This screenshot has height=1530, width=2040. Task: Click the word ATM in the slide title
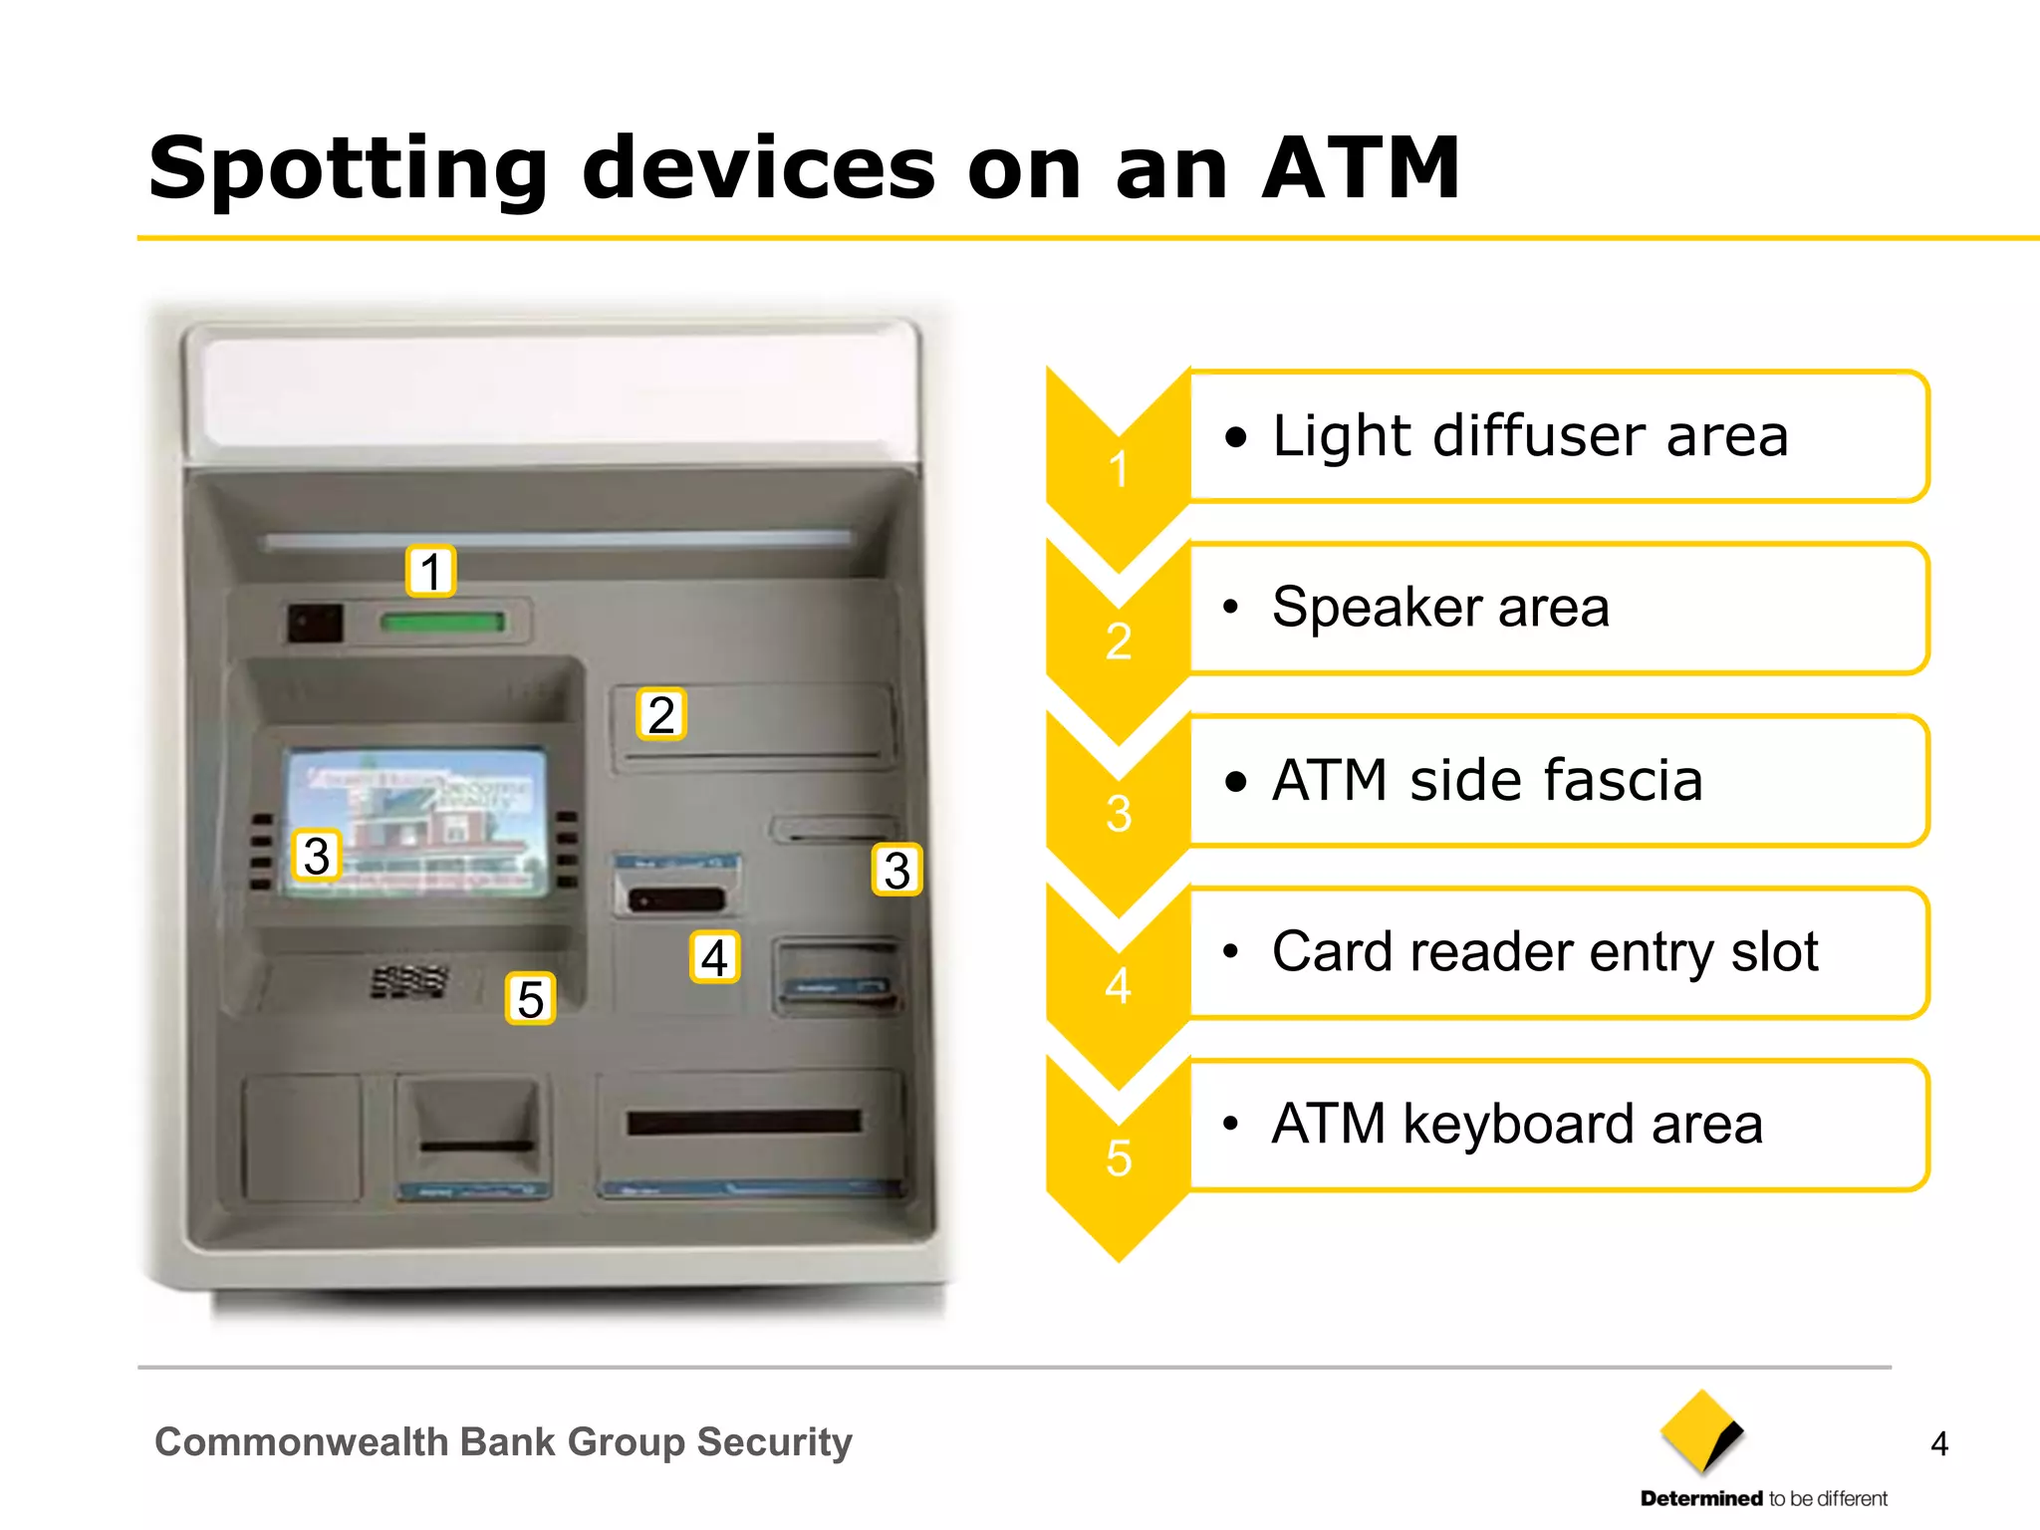pos(1361,169)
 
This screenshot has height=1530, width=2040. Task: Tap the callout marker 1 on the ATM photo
pos(430,572)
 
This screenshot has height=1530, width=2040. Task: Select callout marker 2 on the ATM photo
pos(661,715)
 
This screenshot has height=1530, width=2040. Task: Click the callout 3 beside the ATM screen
pos(317,856)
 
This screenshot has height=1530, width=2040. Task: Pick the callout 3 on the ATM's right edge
pos(896,870)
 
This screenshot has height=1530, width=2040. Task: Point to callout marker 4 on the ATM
pos(714,957)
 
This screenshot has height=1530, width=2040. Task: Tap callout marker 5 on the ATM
pos(530,999)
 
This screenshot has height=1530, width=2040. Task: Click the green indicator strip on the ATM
pos(442,623)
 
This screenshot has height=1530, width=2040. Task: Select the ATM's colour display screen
pos(416,823)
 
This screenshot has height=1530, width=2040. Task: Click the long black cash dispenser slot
pos(743,1123)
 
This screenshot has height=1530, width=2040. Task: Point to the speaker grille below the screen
pos(408,981)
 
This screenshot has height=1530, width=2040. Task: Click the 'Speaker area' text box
pos(1558,608)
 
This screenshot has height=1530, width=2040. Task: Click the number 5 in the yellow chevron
pos(1119,1158)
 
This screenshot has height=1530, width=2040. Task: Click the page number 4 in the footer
pos(1938,1443)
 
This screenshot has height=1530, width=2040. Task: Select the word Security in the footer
pos(774,1442)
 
